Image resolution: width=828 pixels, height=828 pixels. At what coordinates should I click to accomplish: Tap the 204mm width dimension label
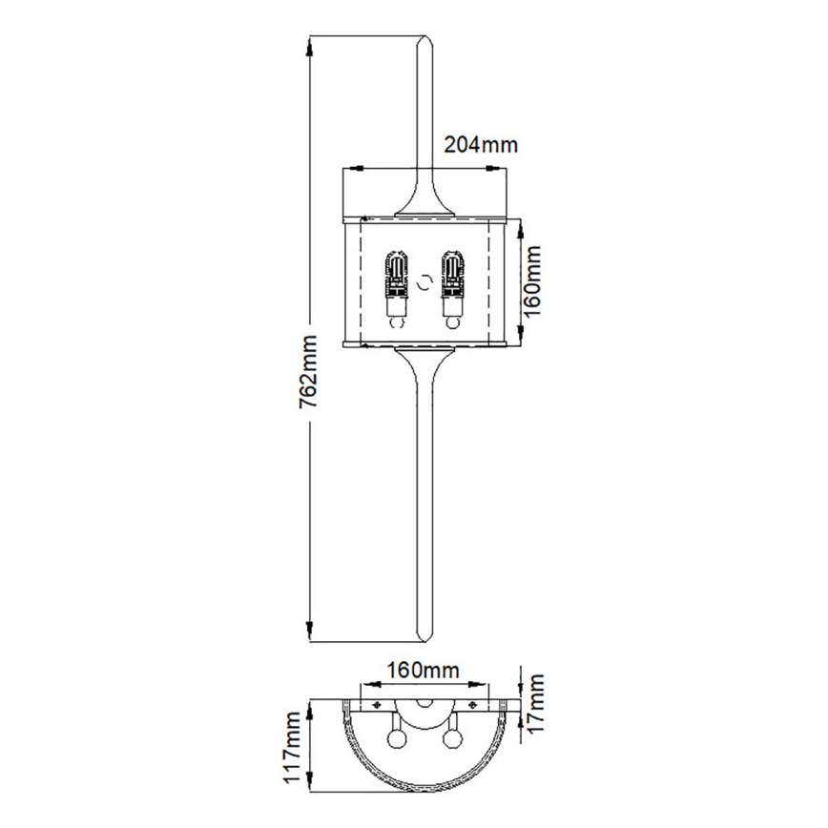[x=481, y=145]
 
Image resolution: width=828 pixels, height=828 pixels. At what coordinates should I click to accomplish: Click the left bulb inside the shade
[x=394, y=285]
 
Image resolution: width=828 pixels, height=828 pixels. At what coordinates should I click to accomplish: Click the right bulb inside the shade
[x=451, y=285]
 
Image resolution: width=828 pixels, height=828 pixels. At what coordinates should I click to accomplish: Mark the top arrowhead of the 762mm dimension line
[x=309, y=44]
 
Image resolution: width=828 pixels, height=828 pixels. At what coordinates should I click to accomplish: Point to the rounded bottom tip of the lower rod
[x=424, y=635]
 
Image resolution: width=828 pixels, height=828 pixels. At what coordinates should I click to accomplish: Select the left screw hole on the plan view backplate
[x=378, y=706]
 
